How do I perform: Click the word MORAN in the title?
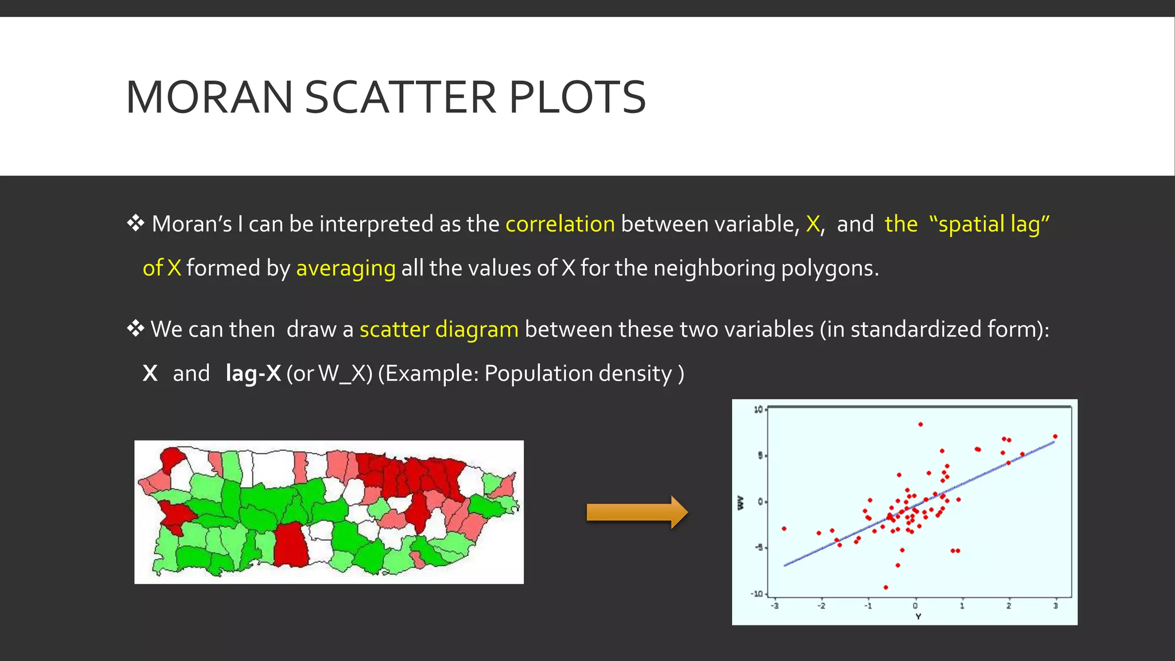[x=209, y=98]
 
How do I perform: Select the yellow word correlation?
[x=560, y=224]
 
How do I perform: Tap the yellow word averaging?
[x=345, y=268]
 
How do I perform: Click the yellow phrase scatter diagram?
[x=439, y=329]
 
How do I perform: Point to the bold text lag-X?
[x=253, y=374]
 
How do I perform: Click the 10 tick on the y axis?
[x=758, y=409]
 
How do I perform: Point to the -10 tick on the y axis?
[x=757, y=593]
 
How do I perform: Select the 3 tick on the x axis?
[x=1055, y=605]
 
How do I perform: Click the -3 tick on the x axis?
[x=775, y=605]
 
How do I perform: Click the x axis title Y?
[x=918, y=617]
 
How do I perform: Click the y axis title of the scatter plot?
[x=740, y=503]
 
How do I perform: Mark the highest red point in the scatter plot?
[x=920, y=425]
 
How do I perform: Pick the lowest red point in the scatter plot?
[x=886, y=587]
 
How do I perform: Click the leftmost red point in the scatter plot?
[x=784, y=528]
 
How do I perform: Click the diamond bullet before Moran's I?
[x=135, y=223]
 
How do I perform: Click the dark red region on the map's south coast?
[x=291, y=545]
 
